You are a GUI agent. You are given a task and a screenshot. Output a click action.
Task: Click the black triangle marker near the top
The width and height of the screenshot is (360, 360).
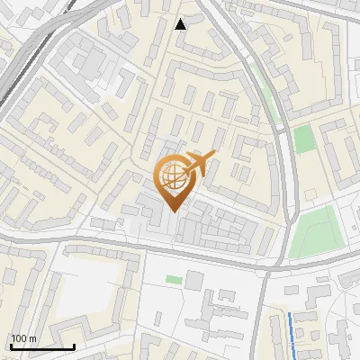181,24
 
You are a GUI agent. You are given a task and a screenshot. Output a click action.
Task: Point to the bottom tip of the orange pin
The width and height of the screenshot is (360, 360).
173,211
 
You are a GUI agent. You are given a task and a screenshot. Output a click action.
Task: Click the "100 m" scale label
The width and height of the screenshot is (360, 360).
22,338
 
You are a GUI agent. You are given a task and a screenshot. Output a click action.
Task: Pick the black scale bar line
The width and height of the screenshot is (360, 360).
41,346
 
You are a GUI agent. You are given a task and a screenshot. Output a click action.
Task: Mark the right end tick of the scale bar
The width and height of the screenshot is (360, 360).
74,345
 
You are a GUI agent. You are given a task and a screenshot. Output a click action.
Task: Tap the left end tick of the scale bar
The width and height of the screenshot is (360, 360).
10,345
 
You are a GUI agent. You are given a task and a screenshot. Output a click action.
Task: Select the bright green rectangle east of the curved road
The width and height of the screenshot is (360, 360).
304,139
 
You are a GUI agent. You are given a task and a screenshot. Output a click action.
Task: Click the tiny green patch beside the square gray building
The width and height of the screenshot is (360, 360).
174,280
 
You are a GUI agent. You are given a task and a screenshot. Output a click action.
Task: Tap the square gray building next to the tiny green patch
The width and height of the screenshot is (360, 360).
193,280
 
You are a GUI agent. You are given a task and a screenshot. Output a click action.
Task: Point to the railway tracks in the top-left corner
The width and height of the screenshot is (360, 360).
22,63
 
